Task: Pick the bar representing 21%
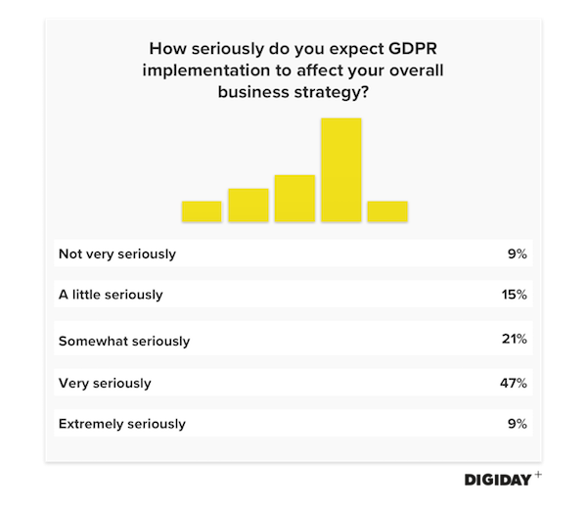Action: point(294,198)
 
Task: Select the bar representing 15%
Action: point(248,205)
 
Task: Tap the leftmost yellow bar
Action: point(202,211)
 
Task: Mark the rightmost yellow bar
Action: point(387,211)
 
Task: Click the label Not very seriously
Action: point(117,253)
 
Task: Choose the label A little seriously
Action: point(111,294)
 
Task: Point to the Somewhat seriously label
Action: point(124,342)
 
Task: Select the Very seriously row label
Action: point(105,383)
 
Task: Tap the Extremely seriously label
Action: point(122,424)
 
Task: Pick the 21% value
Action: point(513,339)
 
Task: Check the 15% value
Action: point(513,294)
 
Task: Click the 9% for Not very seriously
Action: point(518,253)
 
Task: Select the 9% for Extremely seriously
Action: point(518,424)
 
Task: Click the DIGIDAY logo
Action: point(503,481)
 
